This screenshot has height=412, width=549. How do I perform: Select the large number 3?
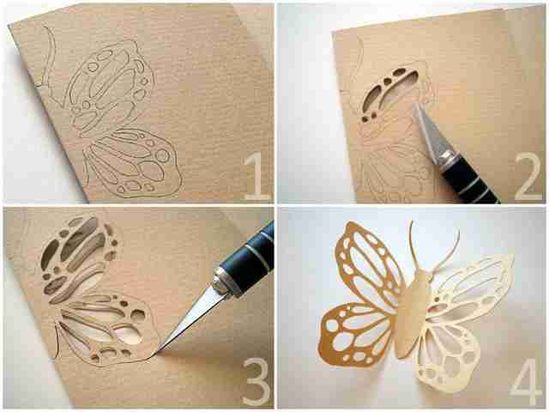pos(257,381)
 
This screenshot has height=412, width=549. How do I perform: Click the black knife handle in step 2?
pos(469,183)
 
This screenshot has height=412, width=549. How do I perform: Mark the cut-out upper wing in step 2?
pos(389,93)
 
